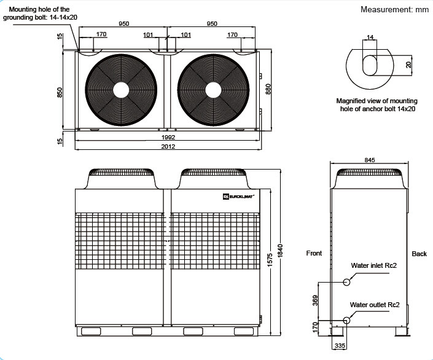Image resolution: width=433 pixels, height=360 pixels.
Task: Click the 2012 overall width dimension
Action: tap(168, 146)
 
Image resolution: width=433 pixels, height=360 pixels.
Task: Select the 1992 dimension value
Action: tap(168, 138)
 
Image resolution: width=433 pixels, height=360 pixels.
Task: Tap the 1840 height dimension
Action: tap(280, 251)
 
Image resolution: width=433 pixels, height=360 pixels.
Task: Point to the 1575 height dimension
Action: tap(270, 260)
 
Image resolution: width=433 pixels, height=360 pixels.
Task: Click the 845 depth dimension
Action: tap(370, 160)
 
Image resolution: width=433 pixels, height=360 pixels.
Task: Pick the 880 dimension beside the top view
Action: tap(268, 89)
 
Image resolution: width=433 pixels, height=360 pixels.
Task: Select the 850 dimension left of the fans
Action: tap(60, 92)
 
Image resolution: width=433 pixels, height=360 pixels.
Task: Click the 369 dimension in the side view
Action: tap(315, 300)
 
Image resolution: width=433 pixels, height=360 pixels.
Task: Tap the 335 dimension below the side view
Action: tap(340, 346)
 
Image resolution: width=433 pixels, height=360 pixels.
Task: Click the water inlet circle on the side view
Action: tap(346, 282)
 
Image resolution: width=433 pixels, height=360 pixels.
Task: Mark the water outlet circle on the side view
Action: tap(346, 320)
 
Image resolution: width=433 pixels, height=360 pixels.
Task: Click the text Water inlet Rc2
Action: tap(373, 265)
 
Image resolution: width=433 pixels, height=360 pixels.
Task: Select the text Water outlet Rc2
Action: tap(375, 305)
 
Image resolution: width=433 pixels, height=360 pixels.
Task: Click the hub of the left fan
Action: tap(121, 90)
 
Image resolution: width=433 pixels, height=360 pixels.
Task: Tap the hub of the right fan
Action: tap(213, 90)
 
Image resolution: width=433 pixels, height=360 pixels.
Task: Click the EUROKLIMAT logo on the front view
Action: tap(238, 197)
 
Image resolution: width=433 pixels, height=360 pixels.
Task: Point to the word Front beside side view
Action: tap(314, 253)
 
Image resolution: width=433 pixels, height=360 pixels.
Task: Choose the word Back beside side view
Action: tap(419, 254)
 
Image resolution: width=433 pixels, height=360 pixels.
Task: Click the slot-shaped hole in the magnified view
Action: tap(370, 66)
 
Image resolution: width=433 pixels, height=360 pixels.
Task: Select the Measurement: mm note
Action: tap(394, 9)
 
